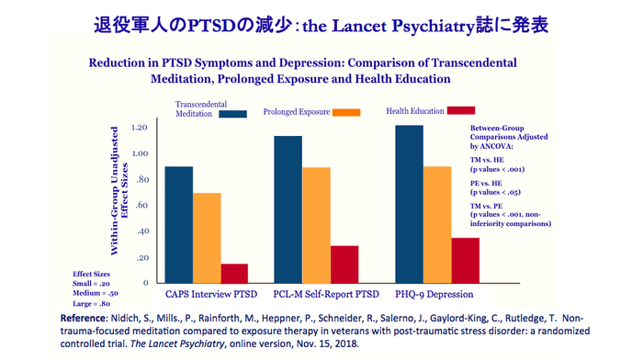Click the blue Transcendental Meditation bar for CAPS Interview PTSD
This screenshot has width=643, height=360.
178,224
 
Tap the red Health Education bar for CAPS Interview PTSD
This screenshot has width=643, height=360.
235,273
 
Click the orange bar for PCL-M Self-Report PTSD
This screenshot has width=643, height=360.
317,224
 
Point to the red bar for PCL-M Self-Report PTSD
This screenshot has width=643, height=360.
345,264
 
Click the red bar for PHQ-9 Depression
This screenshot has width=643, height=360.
465,260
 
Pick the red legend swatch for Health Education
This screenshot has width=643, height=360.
459,110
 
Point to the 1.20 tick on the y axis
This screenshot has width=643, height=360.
140,127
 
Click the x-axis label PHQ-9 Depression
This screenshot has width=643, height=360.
434,295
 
